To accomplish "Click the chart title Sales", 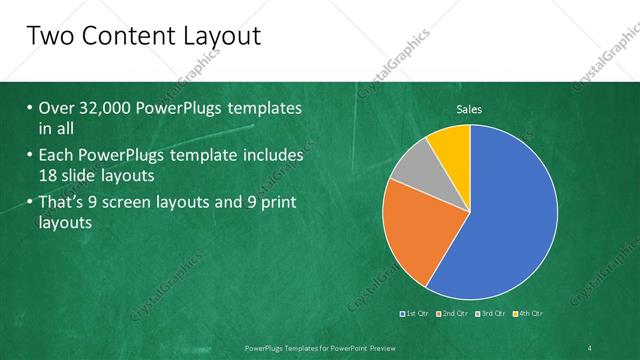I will tap(470, 109).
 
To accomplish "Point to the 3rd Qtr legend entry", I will tap(492, 314).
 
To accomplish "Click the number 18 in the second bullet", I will tap(51, 176).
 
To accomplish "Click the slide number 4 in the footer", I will tap(590, 347).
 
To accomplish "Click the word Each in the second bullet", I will tap(57, 156).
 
